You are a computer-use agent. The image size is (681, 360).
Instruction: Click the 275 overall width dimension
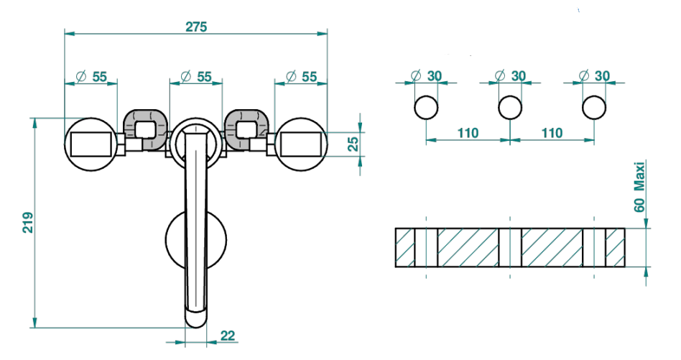196,27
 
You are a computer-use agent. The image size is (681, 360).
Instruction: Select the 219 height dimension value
28,222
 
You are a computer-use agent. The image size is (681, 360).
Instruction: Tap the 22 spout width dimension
228,336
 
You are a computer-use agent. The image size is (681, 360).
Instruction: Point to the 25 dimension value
353,144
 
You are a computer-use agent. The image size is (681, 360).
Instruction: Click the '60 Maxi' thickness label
639,187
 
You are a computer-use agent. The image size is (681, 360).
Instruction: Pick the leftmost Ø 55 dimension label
91,77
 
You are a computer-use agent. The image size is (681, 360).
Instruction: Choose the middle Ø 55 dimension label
196,77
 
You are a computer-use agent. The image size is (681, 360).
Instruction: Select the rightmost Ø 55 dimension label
302,77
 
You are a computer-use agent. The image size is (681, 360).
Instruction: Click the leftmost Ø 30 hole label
425,76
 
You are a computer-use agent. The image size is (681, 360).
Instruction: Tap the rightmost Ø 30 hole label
594,76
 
